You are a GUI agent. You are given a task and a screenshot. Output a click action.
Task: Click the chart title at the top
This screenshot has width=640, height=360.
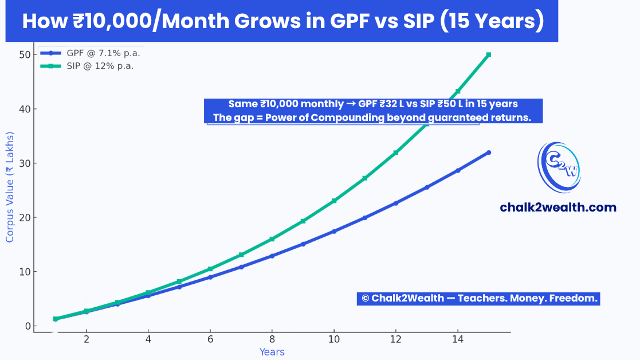click(282, 21)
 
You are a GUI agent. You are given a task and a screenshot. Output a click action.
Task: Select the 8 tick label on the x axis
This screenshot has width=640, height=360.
click(272, 339)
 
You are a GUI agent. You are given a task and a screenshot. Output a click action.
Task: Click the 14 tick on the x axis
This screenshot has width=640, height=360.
click(457, 339)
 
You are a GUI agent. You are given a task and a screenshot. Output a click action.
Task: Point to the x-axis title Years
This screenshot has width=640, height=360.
click(272, 352)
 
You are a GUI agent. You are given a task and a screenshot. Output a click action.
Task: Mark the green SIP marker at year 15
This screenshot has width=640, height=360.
click(488, 54)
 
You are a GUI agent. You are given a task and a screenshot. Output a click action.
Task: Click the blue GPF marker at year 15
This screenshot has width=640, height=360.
click(488, 152)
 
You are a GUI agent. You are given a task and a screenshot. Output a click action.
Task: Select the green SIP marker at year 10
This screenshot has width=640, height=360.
click(334, 201)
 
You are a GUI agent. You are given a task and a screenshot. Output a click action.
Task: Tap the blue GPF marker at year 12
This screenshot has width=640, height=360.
click(396, 203)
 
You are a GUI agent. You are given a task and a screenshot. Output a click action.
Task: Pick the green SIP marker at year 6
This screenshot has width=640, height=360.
click(210, 269)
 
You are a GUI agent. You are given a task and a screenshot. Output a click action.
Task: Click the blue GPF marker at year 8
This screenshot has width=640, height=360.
click(272, 256)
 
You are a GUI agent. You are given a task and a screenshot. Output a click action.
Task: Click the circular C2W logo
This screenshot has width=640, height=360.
click(559, 167)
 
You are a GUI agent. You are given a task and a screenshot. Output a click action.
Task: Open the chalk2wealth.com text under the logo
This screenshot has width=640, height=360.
click(558, 208)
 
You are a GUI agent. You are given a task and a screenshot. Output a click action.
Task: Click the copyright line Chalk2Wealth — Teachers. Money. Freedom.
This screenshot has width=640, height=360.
click(478, 298)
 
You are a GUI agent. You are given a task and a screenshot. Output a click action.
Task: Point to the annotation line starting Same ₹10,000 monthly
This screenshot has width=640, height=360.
click(373, 104)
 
